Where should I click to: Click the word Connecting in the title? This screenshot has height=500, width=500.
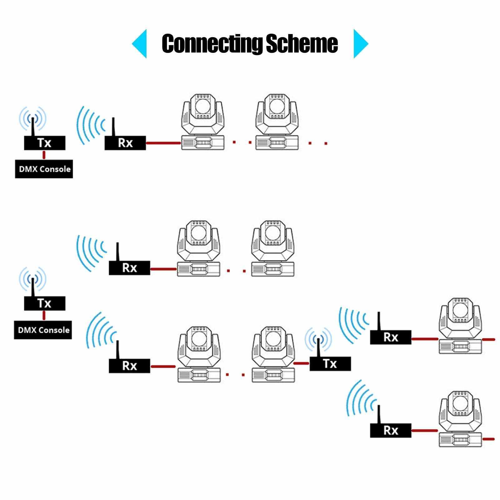211,43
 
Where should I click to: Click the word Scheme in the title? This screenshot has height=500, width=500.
302,43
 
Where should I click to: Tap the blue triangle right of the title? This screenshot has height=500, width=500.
360,44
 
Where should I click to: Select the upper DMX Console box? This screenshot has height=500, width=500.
44,169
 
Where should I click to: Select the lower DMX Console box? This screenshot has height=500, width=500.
43,330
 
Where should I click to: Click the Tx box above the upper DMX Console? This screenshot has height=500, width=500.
45,143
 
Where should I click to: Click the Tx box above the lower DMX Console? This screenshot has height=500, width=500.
45,303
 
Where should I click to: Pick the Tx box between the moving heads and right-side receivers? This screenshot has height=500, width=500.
330,364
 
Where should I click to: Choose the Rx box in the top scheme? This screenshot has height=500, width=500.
125,143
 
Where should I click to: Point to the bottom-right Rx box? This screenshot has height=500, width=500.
390,430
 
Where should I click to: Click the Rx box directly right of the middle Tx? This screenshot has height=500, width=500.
390,337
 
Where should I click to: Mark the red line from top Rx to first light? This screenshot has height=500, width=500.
163,143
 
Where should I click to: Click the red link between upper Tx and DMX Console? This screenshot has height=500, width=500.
44,155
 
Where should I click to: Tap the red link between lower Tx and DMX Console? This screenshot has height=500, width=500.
44,315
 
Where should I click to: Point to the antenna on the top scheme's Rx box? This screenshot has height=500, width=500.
114,127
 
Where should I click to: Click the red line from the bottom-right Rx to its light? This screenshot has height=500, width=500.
425,431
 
